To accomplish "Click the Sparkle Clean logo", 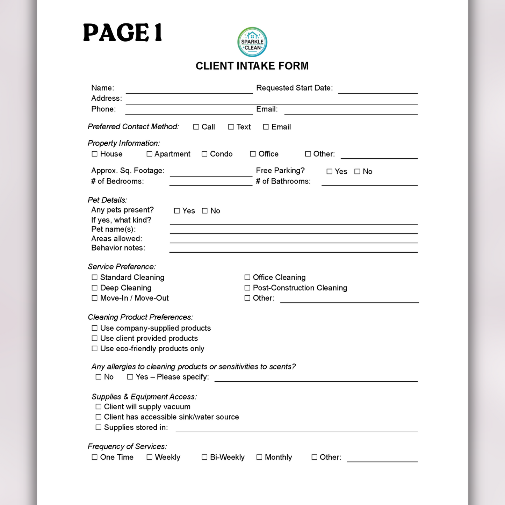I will (252, 42).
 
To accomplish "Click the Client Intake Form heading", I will (252, 66).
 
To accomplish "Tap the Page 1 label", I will (123, 33).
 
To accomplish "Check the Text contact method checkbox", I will (231, 127).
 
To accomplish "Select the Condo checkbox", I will (204, 154).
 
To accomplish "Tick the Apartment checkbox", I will (150, 154).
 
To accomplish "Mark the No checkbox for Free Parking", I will (357, 171).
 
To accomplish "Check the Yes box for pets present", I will (177, 211).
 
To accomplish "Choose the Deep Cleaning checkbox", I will (95, 288).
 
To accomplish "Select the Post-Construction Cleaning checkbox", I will (247, 288).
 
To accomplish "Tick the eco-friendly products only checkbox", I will (95, 348).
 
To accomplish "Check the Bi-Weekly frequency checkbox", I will (204, 457).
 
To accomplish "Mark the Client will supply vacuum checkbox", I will (99, 407).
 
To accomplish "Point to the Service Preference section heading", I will (122, 267).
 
